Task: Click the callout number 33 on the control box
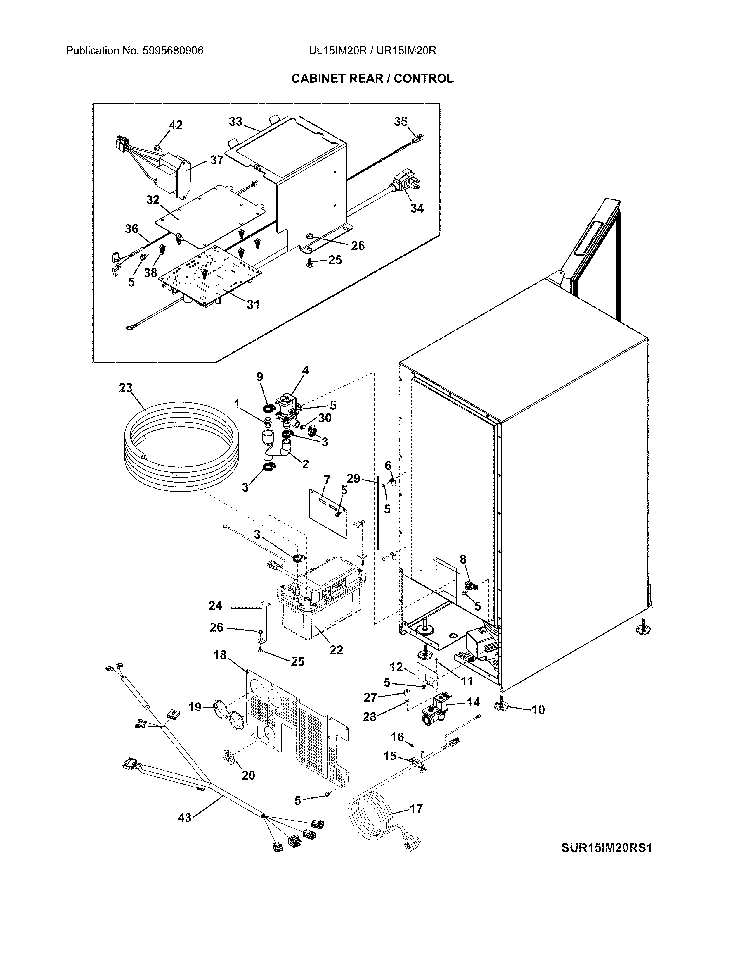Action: [x=236, y=122]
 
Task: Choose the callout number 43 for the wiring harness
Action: [x=184, y=818]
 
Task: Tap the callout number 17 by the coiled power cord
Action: [x=416, y=809]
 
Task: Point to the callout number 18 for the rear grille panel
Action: [x=220, y=655]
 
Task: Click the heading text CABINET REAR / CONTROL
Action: [x=372, y=79]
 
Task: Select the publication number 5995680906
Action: [x=172, y=51]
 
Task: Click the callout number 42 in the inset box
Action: [x=176, y=125]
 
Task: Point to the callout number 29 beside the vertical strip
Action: [x=354, y=478]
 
